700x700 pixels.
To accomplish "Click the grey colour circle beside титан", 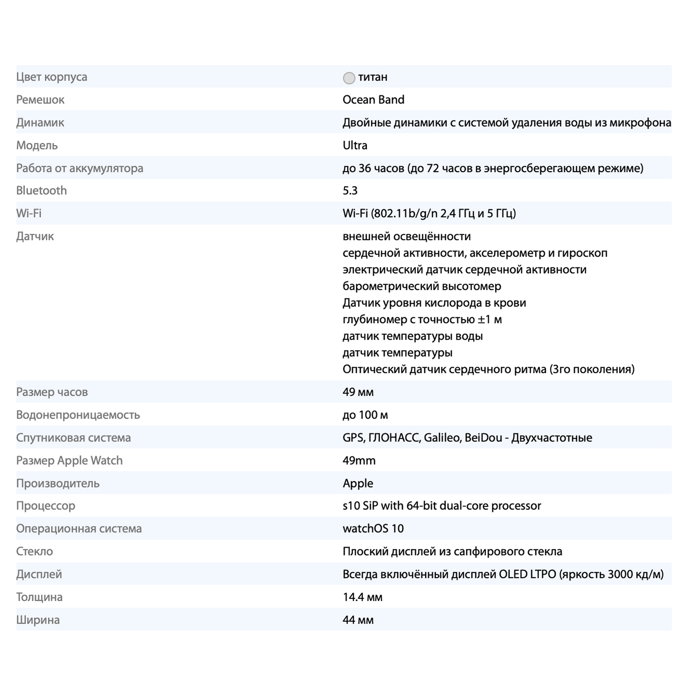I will click(x=349, y=78).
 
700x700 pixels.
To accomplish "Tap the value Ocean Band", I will click(x=373, y=99).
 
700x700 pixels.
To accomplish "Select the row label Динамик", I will click(x=40, y=122).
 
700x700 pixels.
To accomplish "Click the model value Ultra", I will click(x=355, y=145).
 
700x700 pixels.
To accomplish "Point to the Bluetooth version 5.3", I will click(x=350, y=190).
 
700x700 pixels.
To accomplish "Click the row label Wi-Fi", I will click(x=29, y=213).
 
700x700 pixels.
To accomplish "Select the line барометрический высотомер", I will click(x=422, y=286).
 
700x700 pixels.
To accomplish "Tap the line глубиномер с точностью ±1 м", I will click(x=422, y=319).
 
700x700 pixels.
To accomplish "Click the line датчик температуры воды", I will click(x=413, y=336).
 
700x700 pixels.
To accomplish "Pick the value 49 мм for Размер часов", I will click(x=358, y=392).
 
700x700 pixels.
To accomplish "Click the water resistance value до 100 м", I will click(x=365, y=415).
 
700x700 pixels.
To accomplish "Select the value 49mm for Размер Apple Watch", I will click(x=359, y=461).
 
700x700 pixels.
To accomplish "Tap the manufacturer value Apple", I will click(x=358, y=483).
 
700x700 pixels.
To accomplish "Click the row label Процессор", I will click(x=46, y=506).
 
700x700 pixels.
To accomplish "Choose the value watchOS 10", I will click(x=373, y=529).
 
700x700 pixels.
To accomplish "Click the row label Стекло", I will click(x=35, y=552).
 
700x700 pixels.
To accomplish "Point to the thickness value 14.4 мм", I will click(x=362, y=597).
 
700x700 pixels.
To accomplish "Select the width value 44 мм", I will click(x=358, y=620).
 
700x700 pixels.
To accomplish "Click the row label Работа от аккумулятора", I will click(x=80, y=168).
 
